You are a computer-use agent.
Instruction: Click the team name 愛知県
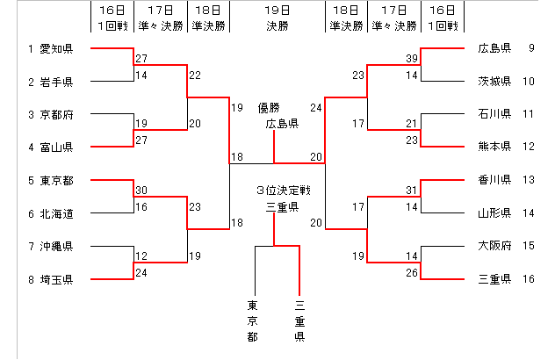(x=56, y=48)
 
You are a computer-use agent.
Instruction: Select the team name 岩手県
(x=56, y=82)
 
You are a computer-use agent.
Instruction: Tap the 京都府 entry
(x=56, y=114)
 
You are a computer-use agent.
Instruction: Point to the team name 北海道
(x=56, y=213)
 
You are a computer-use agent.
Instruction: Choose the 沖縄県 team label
(x=56, y=247)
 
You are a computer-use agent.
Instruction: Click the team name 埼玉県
(x=56, y=279)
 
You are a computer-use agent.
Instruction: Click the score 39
(x=411, y=58)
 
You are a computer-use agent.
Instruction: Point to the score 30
(x=141, y=191)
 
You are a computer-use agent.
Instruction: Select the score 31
(x=411, y=191)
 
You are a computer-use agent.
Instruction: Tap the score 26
(x=411, y=272)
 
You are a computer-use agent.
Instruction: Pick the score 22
(x=194, y=75)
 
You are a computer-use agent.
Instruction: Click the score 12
(x=141, y=256)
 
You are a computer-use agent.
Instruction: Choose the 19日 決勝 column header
(x=277, y=16)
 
